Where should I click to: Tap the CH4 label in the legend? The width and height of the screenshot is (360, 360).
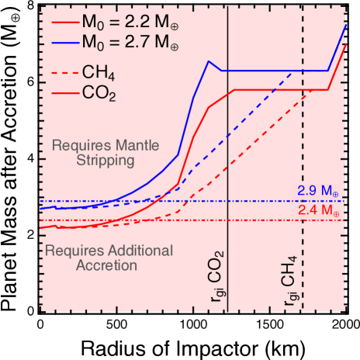[99, 75]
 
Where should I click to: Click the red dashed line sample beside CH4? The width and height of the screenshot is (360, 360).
[61, 75]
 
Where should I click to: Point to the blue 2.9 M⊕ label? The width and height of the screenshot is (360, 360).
[318, 190]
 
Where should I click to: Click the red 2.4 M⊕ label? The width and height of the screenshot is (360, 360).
[318, 210]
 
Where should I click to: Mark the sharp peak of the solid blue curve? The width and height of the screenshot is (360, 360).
[208, 61]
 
